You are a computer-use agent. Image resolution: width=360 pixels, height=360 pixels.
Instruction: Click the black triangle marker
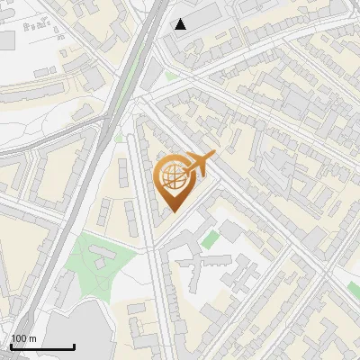click(x=181, y=24)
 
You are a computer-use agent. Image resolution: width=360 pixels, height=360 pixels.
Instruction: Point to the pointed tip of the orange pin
click(x=175, y=212)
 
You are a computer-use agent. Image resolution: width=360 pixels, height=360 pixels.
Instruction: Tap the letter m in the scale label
click(x=32, y=338)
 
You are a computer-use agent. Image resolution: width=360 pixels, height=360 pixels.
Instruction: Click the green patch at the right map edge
click(x=355, y=288)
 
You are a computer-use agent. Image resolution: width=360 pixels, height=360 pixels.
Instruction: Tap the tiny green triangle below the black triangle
click(x=169, y=76)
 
